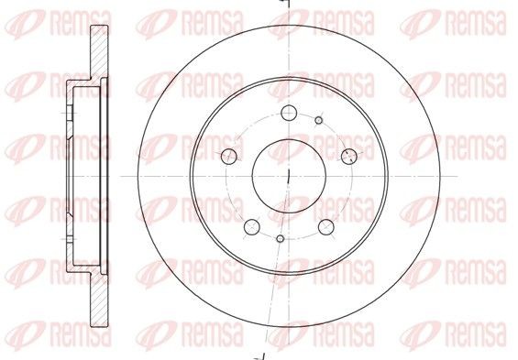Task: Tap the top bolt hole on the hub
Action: (x=288, y=114)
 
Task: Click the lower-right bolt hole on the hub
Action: (x=325, y=226)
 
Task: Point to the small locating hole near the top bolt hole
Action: (x=318, y=120)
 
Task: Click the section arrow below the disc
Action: (x=260, y=354)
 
